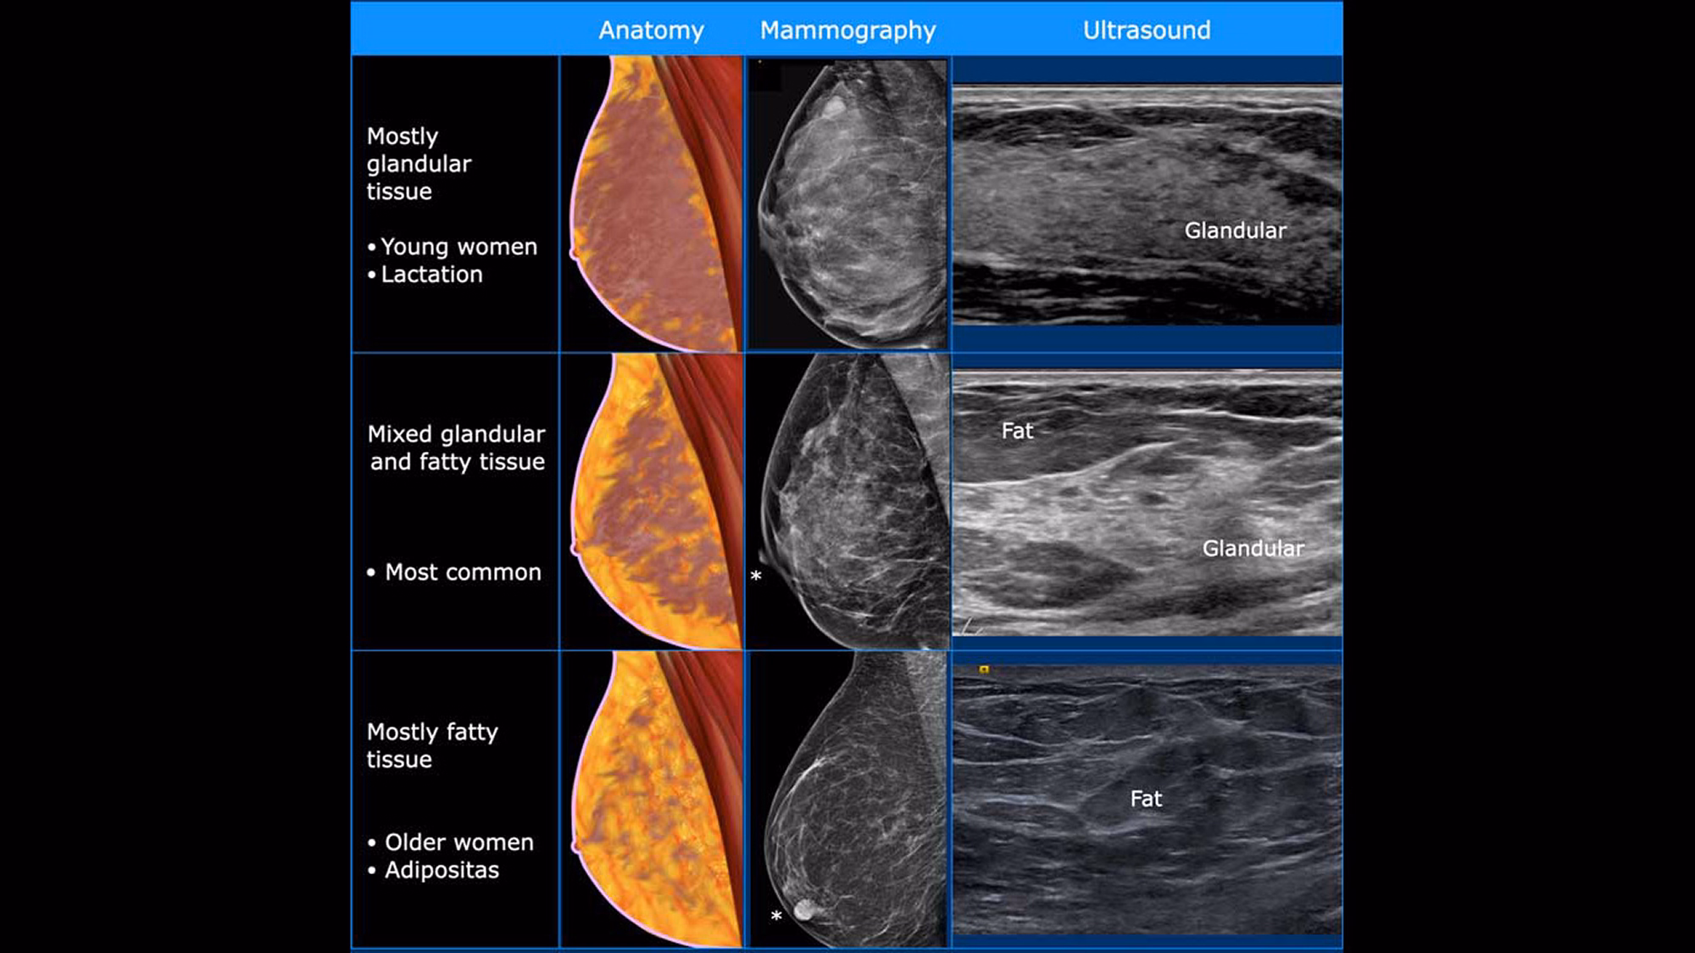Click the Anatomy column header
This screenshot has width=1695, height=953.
pos(651,31)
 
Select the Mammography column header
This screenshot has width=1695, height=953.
pos(847,31)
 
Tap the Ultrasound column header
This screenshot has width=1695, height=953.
pos(1147,31)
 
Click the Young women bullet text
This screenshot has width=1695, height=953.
pos(458,247)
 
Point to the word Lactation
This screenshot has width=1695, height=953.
pos(431,275)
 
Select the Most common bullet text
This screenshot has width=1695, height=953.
pos(463,572)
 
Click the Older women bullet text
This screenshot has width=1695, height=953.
pos(458,843)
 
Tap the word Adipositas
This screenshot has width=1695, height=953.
pos(442,871)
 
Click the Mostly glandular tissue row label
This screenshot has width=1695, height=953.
pos(419,164)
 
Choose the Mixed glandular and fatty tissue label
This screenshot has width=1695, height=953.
pos(457,448)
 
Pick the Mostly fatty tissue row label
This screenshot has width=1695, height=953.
pos(432,745)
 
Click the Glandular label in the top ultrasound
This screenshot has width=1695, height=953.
pos(1235,231)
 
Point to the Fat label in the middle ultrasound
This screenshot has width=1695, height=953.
pos(1017,432)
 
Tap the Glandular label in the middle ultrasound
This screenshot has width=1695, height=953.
pos(1253,549)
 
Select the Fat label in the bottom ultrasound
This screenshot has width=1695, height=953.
pos(1146,799)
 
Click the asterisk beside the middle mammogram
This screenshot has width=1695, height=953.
pos(756,577)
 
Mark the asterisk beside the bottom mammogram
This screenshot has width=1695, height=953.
pos(776,917)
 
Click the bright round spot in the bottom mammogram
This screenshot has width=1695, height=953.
pos(804,911)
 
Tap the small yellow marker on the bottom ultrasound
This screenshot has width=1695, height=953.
pos(984,670)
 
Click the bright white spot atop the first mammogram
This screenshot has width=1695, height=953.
pos(833,106)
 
